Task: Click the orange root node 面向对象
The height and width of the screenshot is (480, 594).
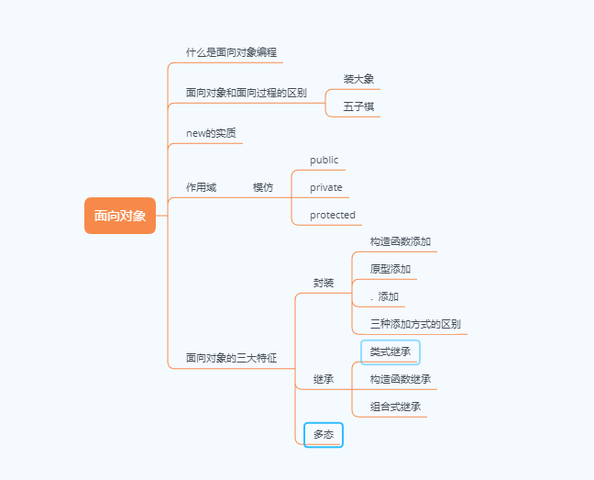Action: [120, 217]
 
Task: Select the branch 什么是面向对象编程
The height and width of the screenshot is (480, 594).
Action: [230, 52]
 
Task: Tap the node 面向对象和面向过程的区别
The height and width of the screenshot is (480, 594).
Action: [246, 93]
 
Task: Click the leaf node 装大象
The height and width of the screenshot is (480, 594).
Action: [358, 79]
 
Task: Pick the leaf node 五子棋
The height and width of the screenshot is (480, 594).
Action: [358, 106]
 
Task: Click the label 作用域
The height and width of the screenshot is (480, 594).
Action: [201, 187]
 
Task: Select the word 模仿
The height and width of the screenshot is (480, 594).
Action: [263, 187]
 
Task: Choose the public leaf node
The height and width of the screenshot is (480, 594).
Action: [324, 160]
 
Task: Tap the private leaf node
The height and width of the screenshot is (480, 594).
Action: [325, 187]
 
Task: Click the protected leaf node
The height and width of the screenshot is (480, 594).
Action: [332, 215]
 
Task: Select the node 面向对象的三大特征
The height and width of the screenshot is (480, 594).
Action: [231, 358]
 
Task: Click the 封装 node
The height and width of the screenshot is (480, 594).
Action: [323, 283]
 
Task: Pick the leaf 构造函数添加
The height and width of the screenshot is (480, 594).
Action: [401, 241]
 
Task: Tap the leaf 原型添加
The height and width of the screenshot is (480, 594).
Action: [390, 269]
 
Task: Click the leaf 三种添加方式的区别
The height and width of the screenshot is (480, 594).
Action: [415, 324]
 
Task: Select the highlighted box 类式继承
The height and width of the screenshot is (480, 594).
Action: [390, 352]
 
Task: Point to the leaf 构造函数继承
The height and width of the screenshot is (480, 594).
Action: [401, 379]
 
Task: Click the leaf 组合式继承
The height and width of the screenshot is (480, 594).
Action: [396, 407]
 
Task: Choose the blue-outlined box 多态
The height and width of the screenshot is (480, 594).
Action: [323, 434]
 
